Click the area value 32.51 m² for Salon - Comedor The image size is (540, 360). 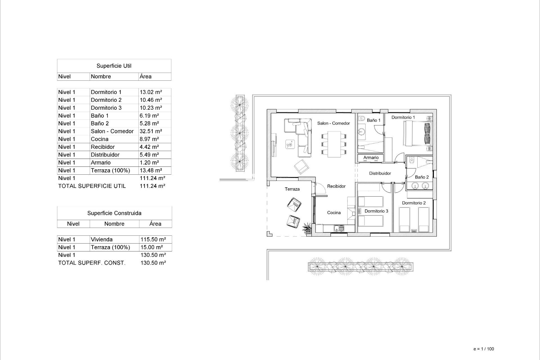151,131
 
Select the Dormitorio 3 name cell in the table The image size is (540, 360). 106,108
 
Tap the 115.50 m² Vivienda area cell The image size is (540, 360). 153,240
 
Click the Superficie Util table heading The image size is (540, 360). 114,66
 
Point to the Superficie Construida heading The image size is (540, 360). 114,213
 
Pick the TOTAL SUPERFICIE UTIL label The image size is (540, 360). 92,186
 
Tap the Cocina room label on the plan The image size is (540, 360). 334,213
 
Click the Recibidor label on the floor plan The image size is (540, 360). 336,186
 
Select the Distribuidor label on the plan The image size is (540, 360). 380,173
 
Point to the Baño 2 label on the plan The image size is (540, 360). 422,177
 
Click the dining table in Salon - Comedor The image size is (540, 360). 334,144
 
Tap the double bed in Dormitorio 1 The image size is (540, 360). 417,133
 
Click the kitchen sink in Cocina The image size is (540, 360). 339,229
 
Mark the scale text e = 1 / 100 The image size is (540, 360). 483,349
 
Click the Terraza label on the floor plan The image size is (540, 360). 292,189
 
